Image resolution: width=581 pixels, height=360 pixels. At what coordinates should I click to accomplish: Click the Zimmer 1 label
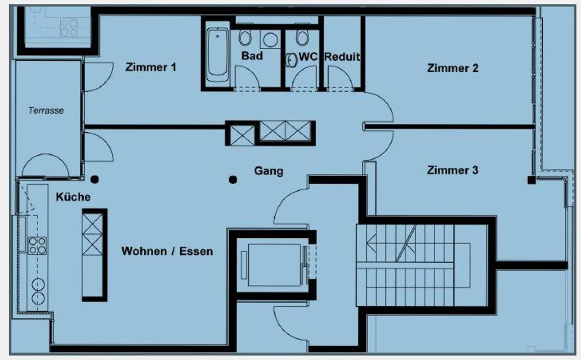click(x=150, y=67)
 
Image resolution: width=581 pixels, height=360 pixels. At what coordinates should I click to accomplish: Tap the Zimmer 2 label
click(x=452, y=68)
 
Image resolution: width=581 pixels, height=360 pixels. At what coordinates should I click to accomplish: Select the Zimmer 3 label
click(x=452, y=170)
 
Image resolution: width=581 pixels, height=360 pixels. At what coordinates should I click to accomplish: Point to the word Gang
click(x=268, y=171)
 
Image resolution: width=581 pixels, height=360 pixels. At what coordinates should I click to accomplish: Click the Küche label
click(x=73, y=197)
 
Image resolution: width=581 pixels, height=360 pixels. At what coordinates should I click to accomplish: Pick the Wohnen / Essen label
click(x=167, y=251)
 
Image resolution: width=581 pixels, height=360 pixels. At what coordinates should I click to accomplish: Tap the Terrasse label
click(x=46, y=110)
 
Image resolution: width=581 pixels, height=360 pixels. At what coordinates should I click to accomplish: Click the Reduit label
click(x=342, y=57)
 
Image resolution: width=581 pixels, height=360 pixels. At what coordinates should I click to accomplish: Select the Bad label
click(x=252, y=56)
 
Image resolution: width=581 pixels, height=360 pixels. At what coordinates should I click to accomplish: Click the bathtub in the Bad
click(x=217, y=54)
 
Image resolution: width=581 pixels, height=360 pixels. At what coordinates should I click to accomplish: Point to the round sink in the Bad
click(x=270, y=40)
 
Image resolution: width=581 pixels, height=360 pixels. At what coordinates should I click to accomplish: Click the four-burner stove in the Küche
click(x=37, y=246)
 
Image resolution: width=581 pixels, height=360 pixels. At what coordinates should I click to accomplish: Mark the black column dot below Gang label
click(x=233, y=180)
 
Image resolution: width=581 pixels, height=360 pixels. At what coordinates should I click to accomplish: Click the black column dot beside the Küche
click(x=95, y=179)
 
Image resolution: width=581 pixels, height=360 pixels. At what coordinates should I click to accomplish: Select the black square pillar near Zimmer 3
click(x=531, y=180)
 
